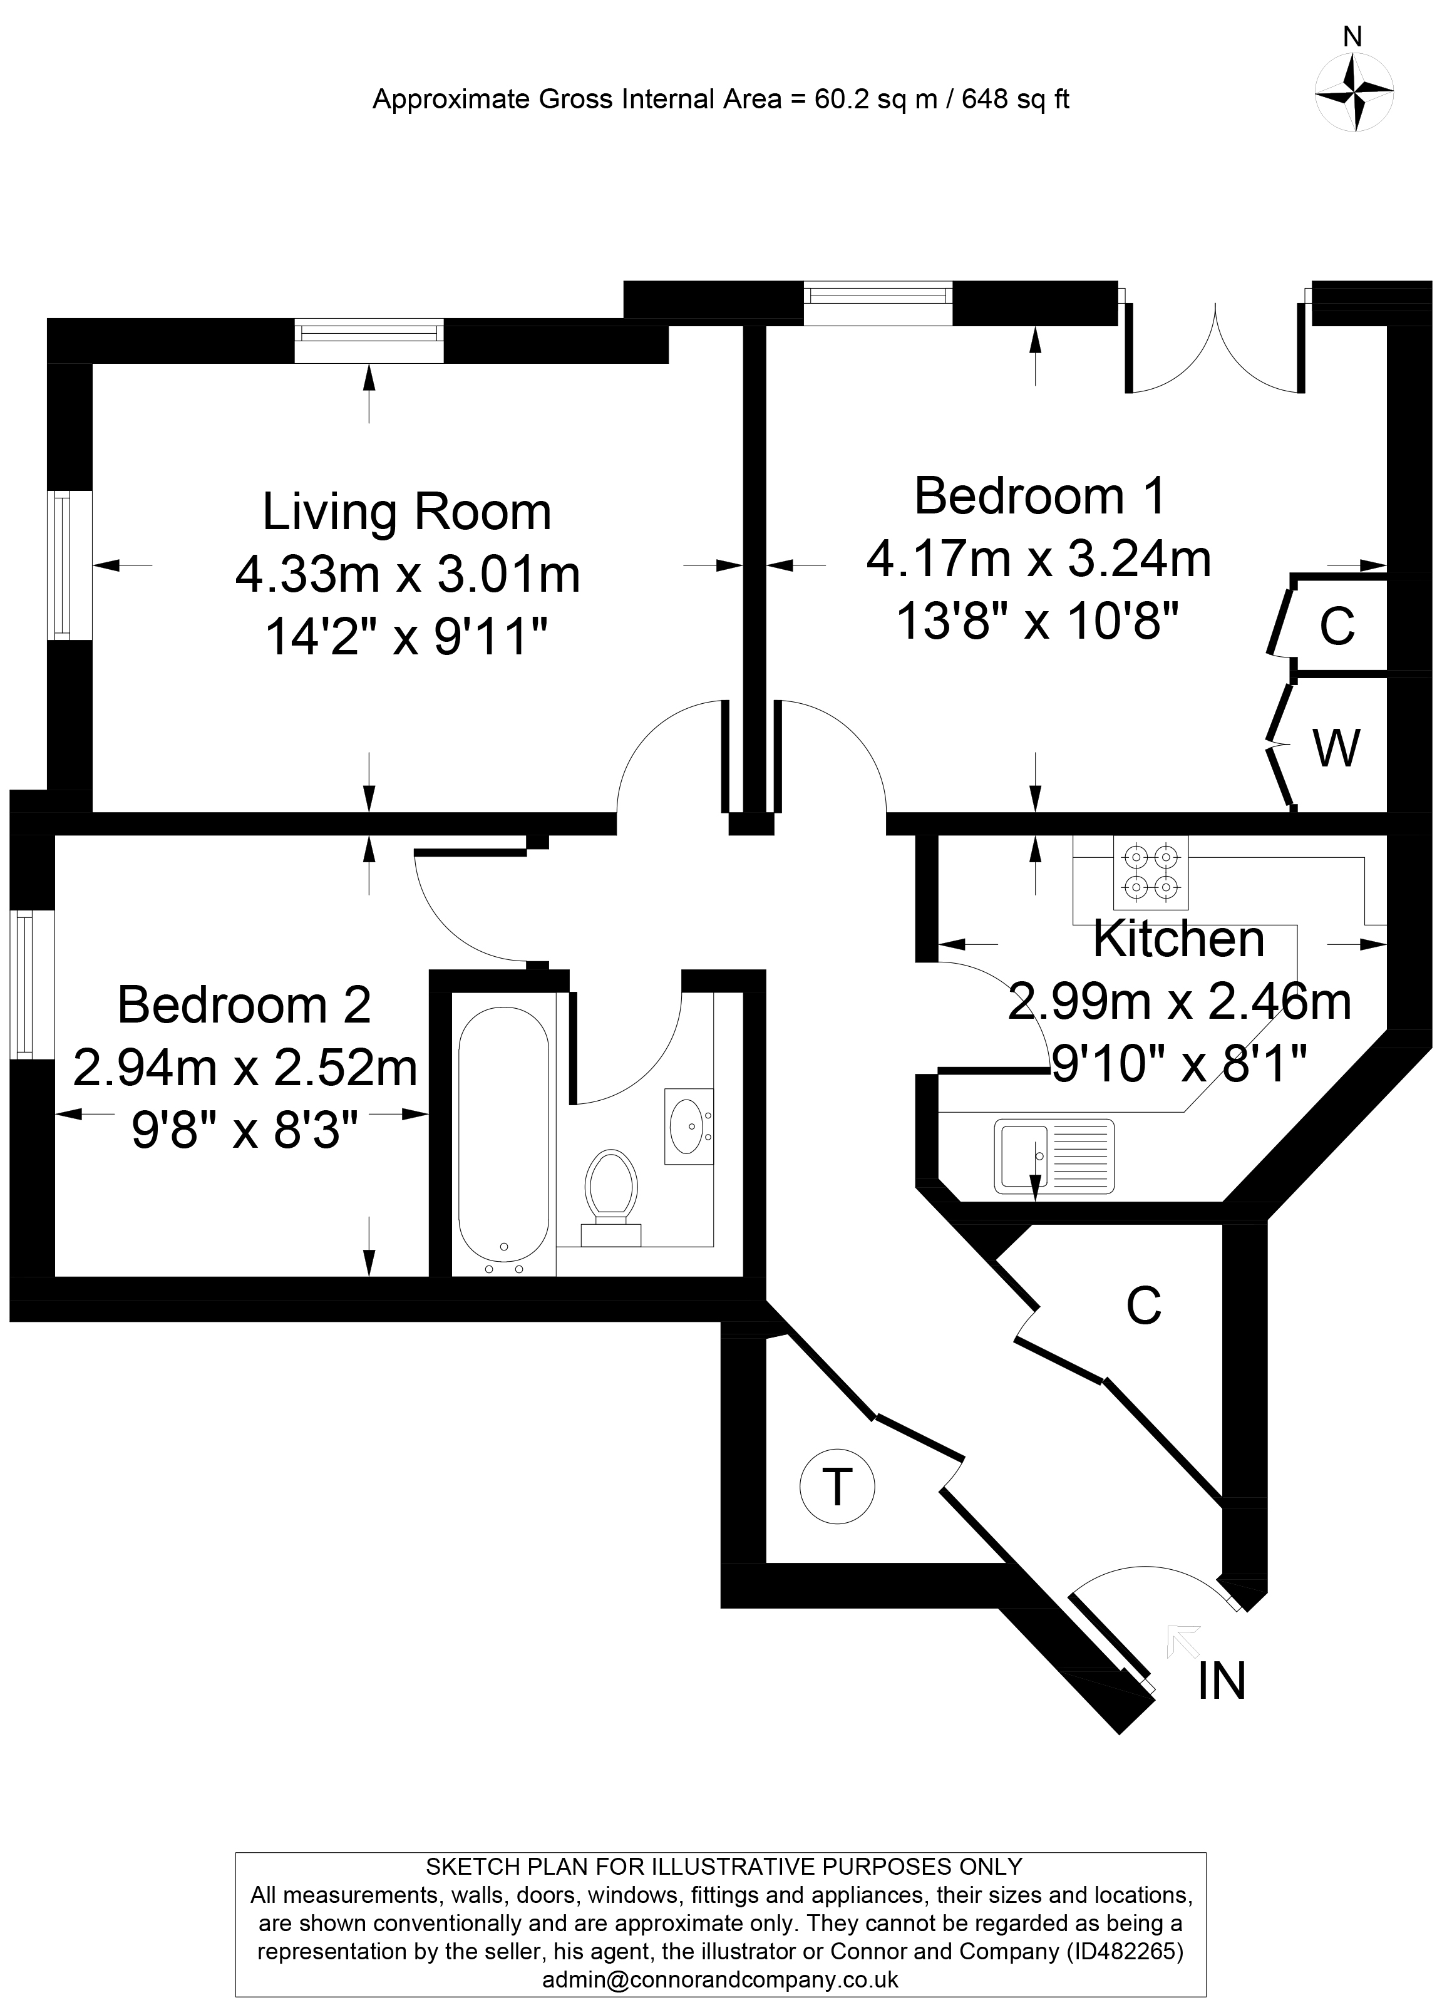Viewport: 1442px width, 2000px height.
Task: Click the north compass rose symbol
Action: [x=1353, y=91]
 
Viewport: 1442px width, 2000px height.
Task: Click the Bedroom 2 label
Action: [x=244, y=1005]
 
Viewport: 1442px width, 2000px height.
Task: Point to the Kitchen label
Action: [x=1178, y=939]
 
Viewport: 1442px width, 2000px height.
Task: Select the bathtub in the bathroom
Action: [x=503, y=1138]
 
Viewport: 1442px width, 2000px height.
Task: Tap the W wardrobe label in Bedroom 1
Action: [x=1337, y=748]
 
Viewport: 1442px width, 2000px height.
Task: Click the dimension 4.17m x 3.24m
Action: [x=1038, y=559]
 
